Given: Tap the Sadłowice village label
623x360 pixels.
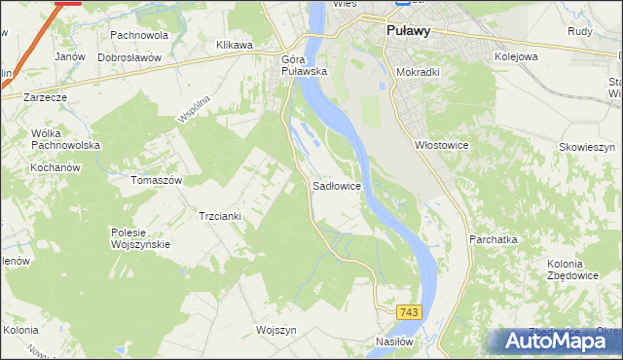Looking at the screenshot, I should pos(337,184).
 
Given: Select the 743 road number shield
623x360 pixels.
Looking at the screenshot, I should pos(409,311).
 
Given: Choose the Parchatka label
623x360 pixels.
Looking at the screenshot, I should pos(493,238).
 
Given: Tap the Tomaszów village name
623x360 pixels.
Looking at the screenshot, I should pos(157,180).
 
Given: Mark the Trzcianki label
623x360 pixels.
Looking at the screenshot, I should pos(220,216).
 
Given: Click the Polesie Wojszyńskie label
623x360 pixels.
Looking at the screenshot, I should pos(140,238).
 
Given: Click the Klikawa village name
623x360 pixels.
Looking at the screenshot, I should pos(234,45).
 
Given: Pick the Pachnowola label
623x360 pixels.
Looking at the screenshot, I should pos(139,35).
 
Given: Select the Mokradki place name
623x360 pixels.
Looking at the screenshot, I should pos(421,72).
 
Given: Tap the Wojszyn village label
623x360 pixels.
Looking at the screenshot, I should pos(275,330).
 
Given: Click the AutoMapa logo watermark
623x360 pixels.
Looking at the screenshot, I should pos(561,341).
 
